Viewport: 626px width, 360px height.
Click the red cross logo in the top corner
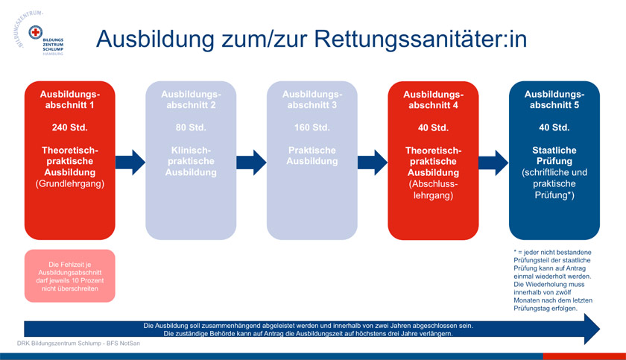pyautogui.click(x=35, y=34)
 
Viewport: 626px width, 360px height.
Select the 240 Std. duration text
pyautogui.click(x=69, y=127)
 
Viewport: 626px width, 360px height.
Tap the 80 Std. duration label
pyautogui.click(x=191, y=127)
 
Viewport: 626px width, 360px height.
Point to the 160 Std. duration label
pyautogui.click(x=312, y=127)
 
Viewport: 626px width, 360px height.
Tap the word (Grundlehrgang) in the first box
pyautogui.click(x=69, y=183)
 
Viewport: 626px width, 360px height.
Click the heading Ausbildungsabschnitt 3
pyautogui.click(x=312, y=99)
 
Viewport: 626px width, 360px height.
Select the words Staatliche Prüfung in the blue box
pyautogui.click(x=554, y=155)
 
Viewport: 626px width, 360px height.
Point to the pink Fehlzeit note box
pyautogui.click(x=69, y=276)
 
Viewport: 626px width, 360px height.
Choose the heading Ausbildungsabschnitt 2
pyautogui.click(x=191, y=99)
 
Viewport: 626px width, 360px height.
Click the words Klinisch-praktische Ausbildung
pyautogui.click(x=191, y=161)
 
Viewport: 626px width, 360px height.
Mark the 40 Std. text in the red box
pyautogui.click(x=433, y=127)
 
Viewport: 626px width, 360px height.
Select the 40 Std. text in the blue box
pyautogui.click(x=554, y=127)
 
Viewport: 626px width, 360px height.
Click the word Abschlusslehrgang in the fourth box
pyautogui.click(x=433, y=189)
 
